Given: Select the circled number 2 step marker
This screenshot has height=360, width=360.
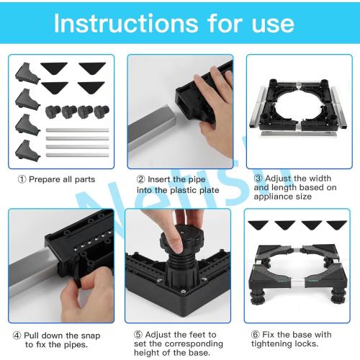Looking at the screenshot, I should [x=141, y=179].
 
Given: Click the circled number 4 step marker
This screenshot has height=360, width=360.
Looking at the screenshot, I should [x=16, y=336].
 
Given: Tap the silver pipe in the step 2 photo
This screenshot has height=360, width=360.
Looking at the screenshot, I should [x=148, y=133].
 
